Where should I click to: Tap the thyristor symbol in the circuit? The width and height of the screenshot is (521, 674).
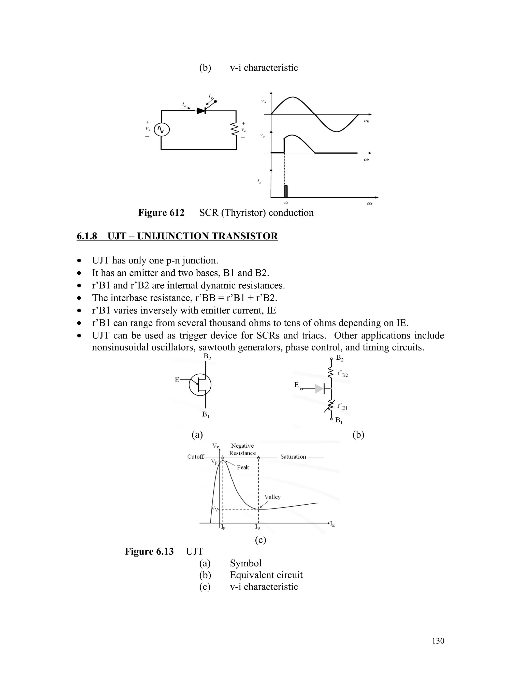point(201,110)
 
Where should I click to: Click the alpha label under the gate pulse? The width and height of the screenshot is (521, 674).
point(286,203)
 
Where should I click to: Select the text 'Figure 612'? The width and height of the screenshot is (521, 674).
point(161,213)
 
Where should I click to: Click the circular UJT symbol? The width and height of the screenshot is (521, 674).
point(200,385)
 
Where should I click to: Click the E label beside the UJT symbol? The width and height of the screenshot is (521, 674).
point(177,379)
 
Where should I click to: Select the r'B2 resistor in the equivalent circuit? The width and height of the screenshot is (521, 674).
point(330,373)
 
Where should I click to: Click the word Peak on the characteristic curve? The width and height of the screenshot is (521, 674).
point(243,467)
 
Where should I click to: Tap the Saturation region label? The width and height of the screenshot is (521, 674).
point(293,457)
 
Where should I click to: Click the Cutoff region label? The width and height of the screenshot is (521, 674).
point(196,457)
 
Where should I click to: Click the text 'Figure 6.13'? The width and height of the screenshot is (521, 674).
point(149,551)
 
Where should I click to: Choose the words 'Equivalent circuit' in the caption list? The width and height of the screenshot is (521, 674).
point(266,575)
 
